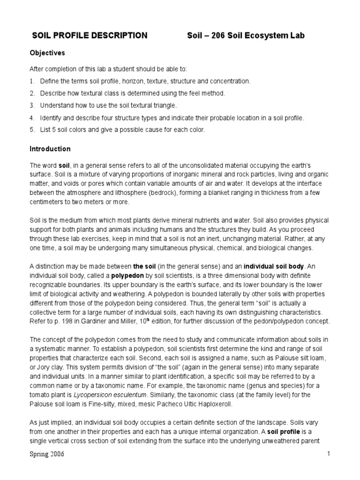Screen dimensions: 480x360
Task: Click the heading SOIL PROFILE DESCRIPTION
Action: pos(89,35)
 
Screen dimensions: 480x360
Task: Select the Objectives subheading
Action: pos(47,52)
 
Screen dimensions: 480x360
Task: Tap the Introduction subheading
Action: pos(50,149)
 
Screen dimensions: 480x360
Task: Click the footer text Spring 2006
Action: pos(47,455)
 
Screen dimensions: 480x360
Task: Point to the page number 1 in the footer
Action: pos(330,455)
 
